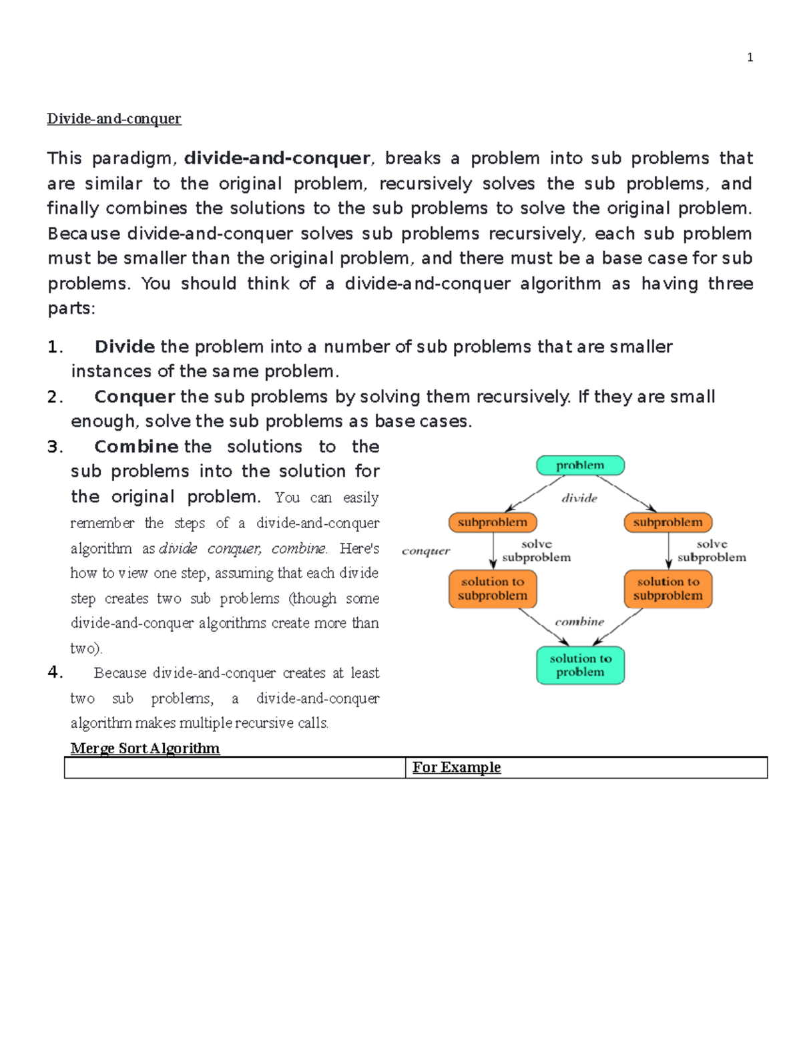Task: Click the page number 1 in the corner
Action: click(x=750, y=57)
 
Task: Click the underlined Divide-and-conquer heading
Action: click(x=113, y=119)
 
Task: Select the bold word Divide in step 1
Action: click(x=125, y=347)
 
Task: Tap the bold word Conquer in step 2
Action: click(x=134, y=397)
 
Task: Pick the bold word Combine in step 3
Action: click(x=136, y=447)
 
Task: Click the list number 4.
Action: click(x=55, y=672)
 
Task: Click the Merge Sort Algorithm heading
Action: click(x=145, y=749)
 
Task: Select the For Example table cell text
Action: click(x=457, y=767)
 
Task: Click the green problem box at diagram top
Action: click(x=580, y=465)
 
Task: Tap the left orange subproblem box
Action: click(x=493, y=522)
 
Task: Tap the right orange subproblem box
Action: click(x=668, y=522)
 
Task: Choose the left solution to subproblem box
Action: click(x=493, y=589)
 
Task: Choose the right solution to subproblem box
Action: click(x=668, y=589)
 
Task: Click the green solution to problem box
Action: click(x=580, y=665)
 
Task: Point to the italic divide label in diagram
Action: click(x=579, y=498)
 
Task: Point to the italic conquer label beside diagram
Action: click(x=426, y=551)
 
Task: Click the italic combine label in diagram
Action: click(x=579, y=622)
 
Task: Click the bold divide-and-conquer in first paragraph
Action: click(x=277, y=158)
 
